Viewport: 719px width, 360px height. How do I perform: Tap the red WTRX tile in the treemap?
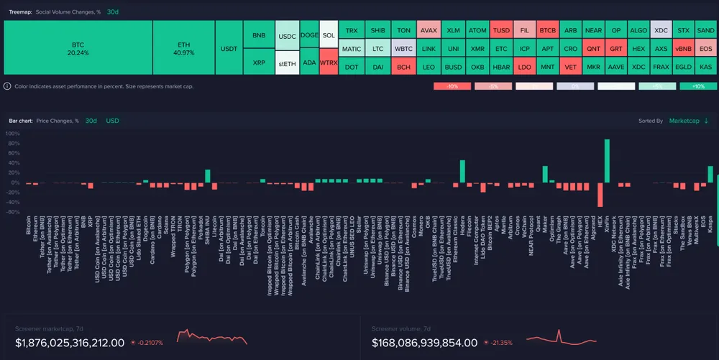(329, 63)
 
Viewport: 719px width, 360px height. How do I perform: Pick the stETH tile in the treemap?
(286, 63)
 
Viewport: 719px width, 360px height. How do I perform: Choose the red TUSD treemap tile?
(500, 31)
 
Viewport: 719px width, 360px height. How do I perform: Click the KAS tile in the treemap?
(705, 66)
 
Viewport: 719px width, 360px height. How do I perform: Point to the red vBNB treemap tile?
(682, 49)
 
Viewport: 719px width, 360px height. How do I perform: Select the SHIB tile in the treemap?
(377, 31)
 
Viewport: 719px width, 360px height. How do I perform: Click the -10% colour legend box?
(452, 86)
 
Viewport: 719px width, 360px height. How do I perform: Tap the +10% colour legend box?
(697, 86)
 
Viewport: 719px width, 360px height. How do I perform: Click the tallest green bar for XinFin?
(607, 160)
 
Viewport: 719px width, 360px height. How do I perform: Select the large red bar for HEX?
(600, 195)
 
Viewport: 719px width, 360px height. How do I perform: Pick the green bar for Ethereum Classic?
(462, 171)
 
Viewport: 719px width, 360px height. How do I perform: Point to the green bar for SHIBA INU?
(208, 176)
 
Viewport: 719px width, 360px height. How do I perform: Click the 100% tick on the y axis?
(13, 143)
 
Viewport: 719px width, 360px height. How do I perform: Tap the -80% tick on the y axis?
(13, 212)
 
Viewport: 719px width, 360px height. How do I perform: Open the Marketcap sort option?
(689, 121)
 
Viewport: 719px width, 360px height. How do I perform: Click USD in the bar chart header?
(112, 121)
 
